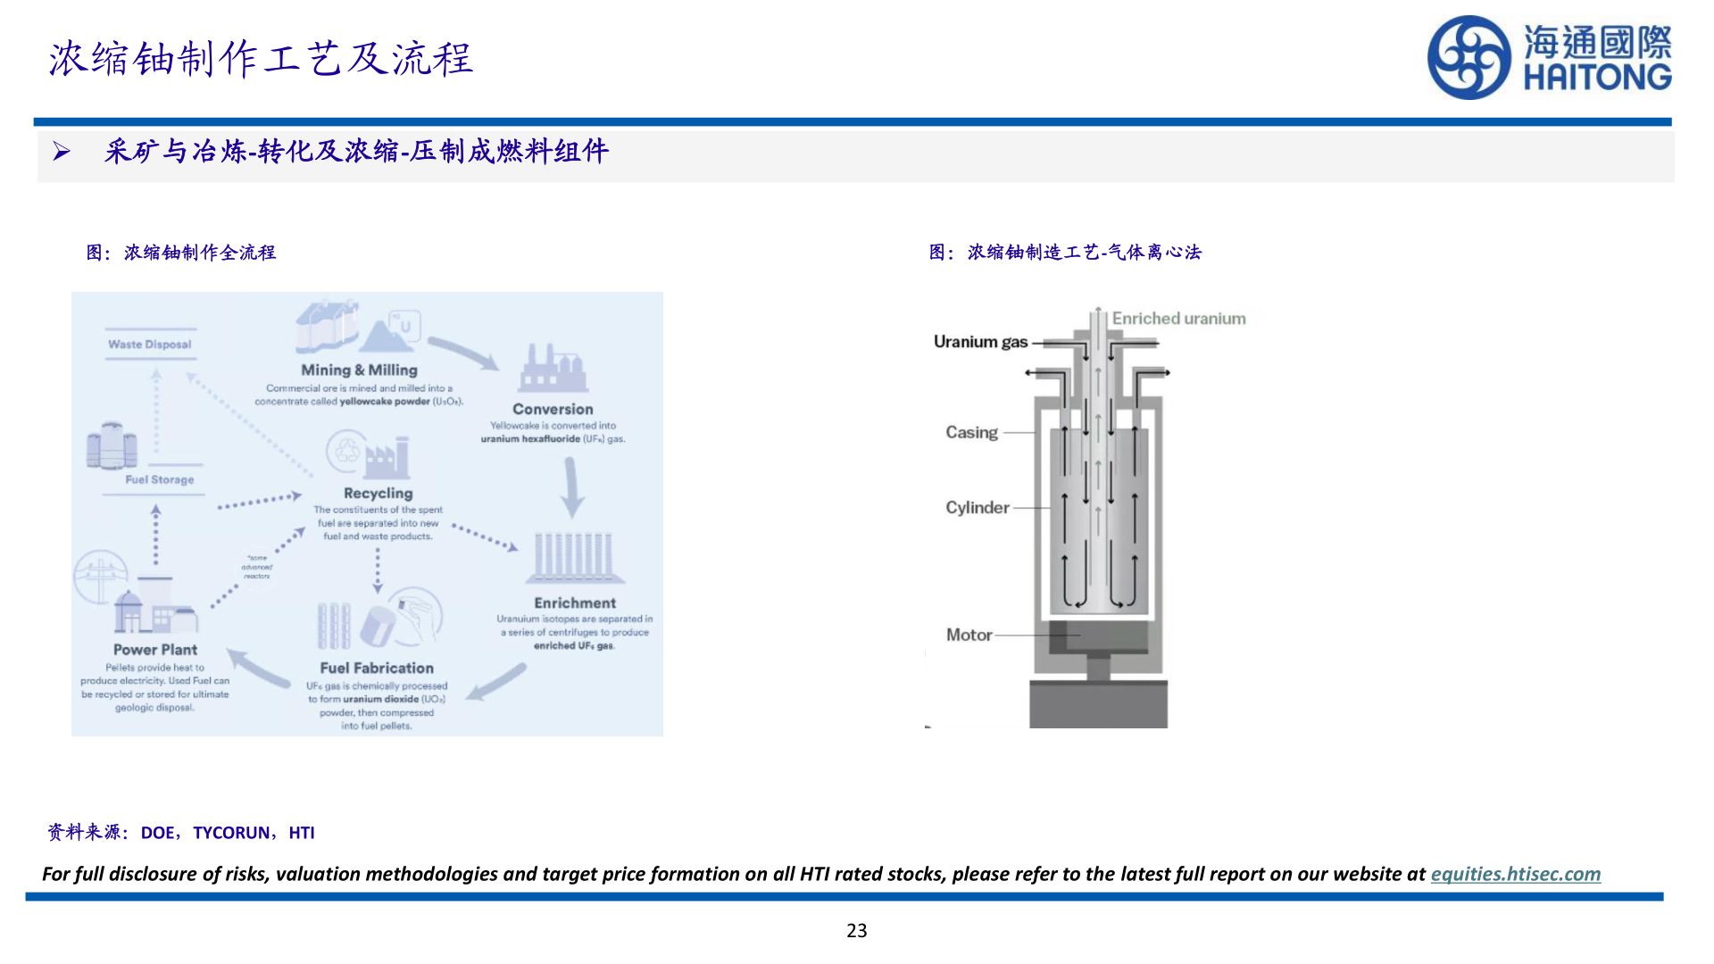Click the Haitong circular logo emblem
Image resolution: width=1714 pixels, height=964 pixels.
pos(1469,58)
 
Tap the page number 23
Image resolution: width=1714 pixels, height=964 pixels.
pos(856,930)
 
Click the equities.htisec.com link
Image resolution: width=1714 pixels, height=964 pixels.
pos(1515,874)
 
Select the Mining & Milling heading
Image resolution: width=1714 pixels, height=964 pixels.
pos(359,370)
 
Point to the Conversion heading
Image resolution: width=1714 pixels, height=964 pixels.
pos(553,409)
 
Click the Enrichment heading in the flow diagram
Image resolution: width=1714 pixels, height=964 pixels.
pos(575,602)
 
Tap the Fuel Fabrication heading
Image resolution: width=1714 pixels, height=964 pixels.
pos(377,668)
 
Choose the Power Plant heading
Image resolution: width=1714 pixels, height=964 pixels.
pos(155,650)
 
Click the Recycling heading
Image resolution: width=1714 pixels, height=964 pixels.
pos(379,493)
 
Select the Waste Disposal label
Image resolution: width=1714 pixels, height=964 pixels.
pos(150,345)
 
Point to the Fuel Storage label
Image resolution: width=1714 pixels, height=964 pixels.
pos(160,479)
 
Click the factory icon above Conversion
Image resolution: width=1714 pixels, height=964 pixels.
pos(553,369)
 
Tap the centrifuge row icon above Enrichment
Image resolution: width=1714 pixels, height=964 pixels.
pos(574,558)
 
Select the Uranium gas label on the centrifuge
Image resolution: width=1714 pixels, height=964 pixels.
pos(980,342)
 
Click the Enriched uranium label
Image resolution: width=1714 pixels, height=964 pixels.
pos(1178,319)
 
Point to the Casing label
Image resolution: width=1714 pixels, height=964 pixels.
pos(971,433)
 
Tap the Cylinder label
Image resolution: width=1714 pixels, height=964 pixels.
pos(978,508)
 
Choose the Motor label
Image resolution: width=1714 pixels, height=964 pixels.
pos(969,635)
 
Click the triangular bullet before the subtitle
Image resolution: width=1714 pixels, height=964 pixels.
pos(61,152)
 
